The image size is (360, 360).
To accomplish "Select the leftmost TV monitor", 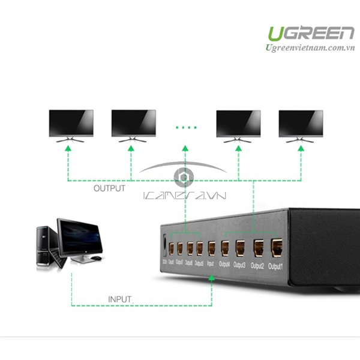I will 71,124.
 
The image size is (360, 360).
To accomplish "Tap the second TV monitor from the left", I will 134,124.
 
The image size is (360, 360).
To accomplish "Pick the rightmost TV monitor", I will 301,124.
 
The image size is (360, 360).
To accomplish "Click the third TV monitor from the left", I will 238,124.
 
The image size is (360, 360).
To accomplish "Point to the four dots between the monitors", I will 187,128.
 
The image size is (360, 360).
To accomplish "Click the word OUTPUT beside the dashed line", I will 109,188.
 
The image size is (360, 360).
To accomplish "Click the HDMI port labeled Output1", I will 277,247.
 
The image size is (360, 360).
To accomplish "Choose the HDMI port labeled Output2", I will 259,246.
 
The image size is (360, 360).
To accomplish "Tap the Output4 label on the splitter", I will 225,263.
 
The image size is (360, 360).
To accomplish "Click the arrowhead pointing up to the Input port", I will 211,279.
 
